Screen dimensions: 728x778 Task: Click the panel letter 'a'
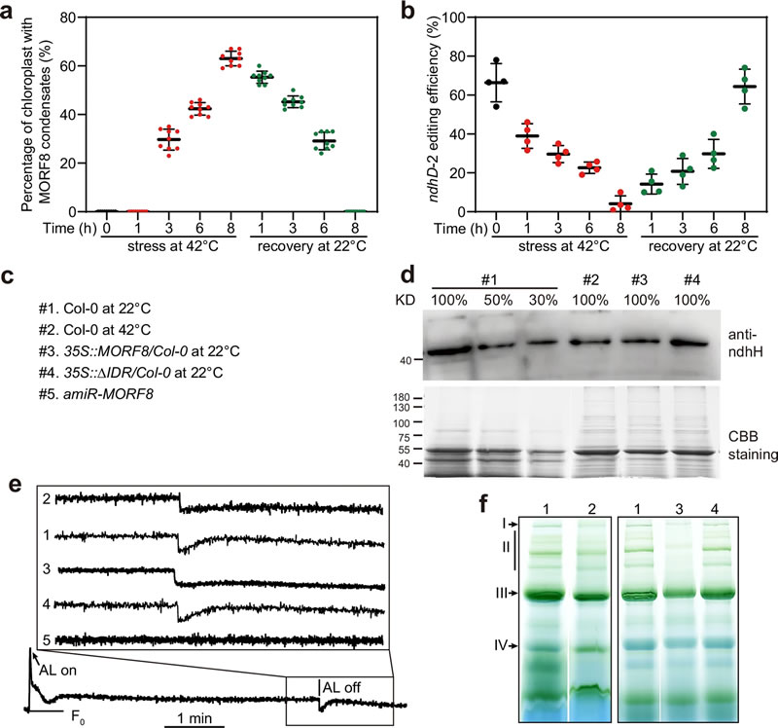pyautogui.click(x=9, y=11)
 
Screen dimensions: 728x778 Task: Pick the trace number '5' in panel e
pyautogui.click(x=60, y=637)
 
